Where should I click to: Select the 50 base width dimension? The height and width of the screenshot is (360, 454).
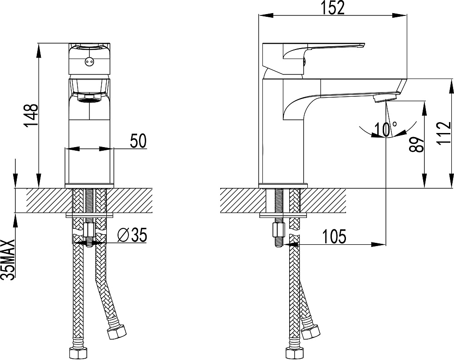[138, 141]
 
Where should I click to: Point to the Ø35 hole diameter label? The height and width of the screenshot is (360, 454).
[132, 235]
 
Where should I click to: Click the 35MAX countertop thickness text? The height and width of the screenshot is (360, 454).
[8, 259]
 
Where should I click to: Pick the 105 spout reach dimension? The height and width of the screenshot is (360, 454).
[335, 237]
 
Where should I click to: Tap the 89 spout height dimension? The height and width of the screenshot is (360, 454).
[416, 144]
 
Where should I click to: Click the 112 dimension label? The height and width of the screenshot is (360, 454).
[444, 133]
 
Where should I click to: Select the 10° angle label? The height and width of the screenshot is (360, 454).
[385, 129]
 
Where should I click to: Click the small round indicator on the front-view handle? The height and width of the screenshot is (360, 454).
[89, 61]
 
